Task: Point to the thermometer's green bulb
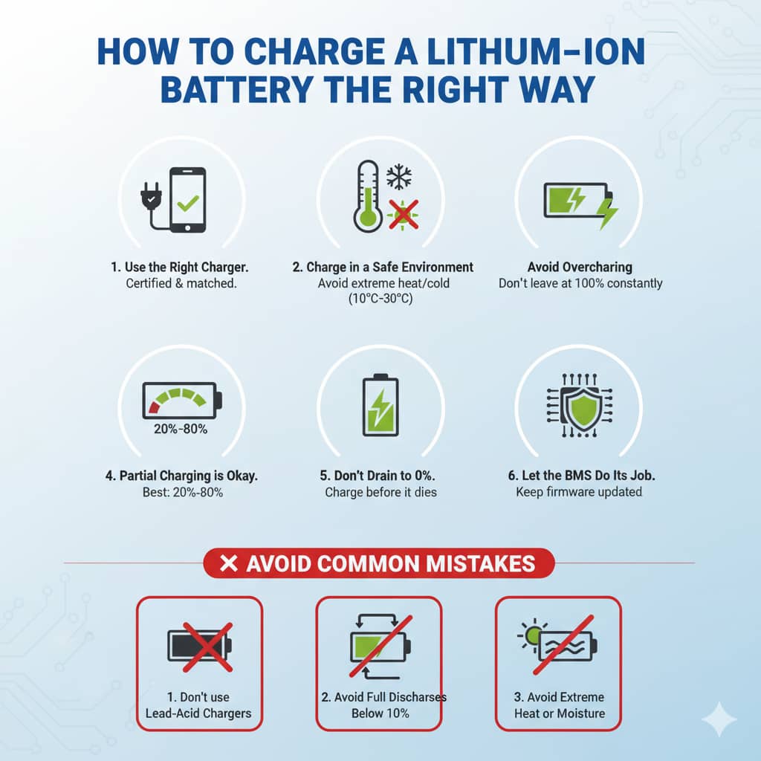click(366, 218)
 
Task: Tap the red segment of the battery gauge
click(155, 406)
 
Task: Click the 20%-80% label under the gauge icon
click(181, 429)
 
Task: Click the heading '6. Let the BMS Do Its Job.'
click(579, 476)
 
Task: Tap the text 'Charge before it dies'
click(380, 492)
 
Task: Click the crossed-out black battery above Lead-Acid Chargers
click(199, 645)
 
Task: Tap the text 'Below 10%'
click(380, 713)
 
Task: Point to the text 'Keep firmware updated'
click(579, 492)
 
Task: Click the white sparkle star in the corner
click(719, 719)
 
